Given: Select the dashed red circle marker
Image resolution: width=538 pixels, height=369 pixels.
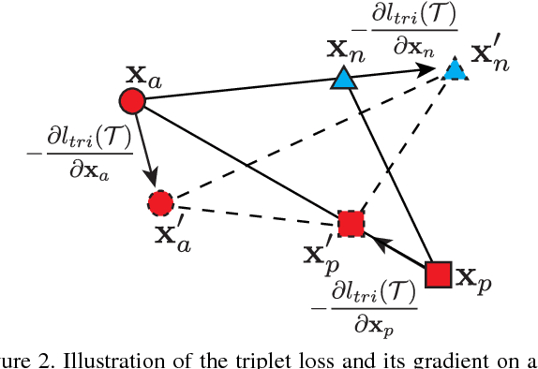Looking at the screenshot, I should pyautogui.click(x=162, y=201).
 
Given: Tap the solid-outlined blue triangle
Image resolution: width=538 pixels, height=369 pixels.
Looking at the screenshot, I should pyautogui.click(x=343, y=81).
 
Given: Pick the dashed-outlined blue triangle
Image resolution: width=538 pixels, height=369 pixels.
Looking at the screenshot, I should pyautogui.click(x=455, y=70).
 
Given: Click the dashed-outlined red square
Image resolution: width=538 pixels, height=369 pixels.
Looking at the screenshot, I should pyautogui.click(x=351, y=224).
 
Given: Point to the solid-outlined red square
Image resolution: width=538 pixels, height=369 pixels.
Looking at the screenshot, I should pyautogui.click(x=439, y=274).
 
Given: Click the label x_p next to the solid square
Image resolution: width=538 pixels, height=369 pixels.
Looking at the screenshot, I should pyautogui.click(x=472, y=277).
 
